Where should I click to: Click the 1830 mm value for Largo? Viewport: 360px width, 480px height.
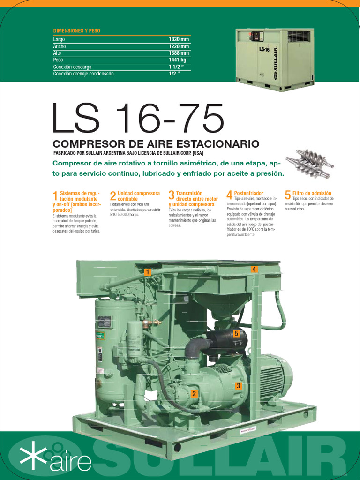(179, 39)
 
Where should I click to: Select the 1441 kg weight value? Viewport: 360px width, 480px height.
(178, 60)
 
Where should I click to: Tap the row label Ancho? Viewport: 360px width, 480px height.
(60, 46)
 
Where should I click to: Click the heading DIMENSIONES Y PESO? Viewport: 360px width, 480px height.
(77, 31)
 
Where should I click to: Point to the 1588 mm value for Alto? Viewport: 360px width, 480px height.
(179, 53)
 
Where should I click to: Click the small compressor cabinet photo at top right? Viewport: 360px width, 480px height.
(275, 59)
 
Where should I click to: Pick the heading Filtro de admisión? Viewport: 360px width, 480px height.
(312, 193)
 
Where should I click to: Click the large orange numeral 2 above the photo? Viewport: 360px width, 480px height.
(113, 196)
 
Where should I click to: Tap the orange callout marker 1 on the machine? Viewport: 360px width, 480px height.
(147, 272)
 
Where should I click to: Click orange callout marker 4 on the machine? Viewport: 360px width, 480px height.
(254, 269)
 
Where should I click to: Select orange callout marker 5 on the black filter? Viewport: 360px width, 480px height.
(237, 333)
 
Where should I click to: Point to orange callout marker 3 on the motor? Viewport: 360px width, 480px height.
(239, 385)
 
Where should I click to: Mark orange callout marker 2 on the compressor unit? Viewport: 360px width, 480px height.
(194, 394)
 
